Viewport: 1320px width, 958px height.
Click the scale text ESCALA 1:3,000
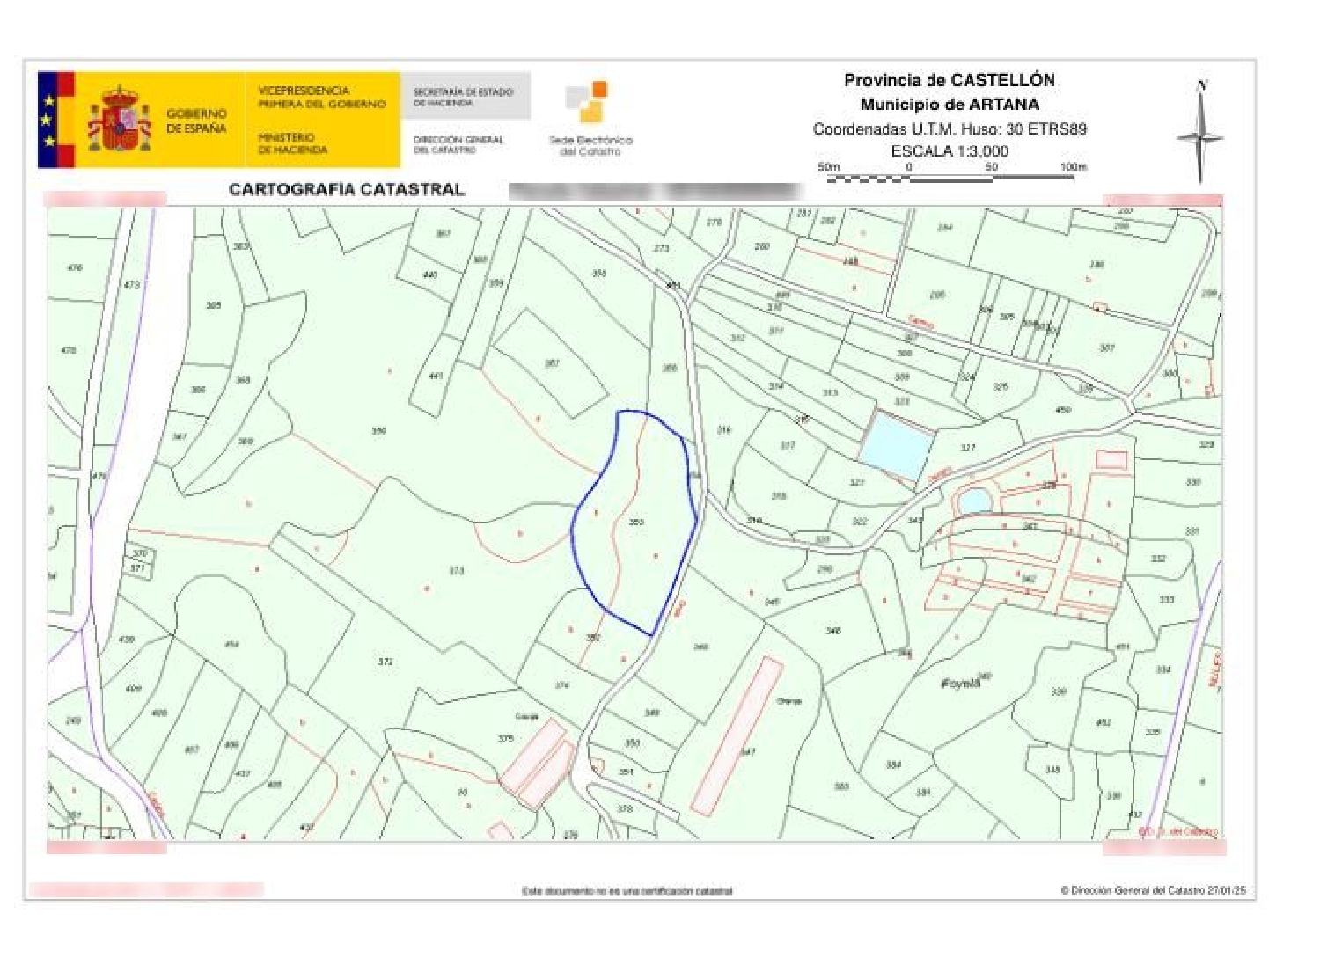coord(950,150)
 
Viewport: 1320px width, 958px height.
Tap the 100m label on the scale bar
coord(1073,166)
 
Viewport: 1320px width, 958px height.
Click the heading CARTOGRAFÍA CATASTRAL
coord(346,189)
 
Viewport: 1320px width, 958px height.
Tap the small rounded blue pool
coord(974,501)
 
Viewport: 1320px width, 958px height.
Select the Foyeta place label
coord(960,683)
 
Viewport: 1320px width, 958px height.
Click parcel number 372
coord(385,661)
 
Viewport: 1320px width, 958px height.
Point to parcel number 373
coord(456,570)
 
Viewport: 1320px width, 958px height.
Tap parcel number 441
coord(435,376)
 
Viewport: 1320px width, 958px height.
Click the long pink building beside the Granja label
coord(737,735)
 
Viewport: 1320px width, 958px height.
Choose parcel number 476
coord(75,267)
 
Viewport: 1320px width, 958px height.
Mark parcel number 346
coord(832,630)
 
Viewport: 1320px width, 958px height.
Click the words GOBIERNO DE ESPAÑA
coord(196,121)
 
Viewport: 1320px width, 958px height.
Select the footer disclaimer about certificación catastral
coord(627,891)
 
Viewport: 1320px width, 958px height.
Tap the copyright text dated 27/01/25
coord(1153,890)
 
